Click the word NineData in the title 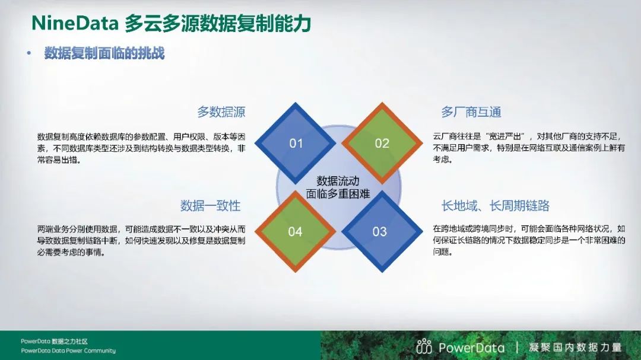[x=75, y=23]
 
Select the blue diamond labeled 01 [x=295, y=143]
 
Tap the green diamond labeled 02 [x=382, y=143]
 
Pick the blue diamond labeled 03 [x=382, y=231]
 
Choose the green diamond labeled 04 [x=295, y=231]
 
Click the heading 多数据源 [x=221, y=111]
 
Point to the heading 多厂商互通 [x=471, y=111]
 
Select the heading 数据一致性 [x=210, y=205]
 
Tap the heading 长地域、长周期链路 [x=495, y=205]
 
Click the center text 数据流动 [x=338, y=181]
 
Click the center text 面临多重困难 [x=338, y=193]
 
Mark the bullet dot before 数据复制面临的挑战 [x=28, y=53]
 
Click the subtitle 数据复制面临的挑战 [x=104, y=53]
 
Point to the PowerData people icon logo [x=424, y=346]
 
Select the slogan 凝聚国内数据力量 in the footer [x=575, y=348]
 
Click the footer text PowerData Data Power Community [x=68, y=351]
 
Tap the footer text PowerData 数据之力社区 [x=55, y=341]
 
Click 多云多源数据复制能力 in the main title [x=218, y=23]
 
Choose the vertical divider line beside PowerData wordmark [x=517, y=348]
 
